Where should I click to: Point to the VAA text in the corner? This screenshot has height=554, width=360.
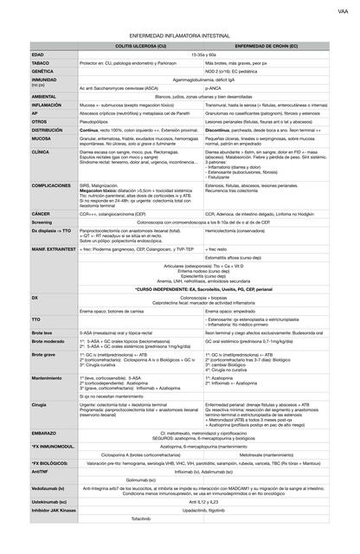(x=343, y=12)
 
